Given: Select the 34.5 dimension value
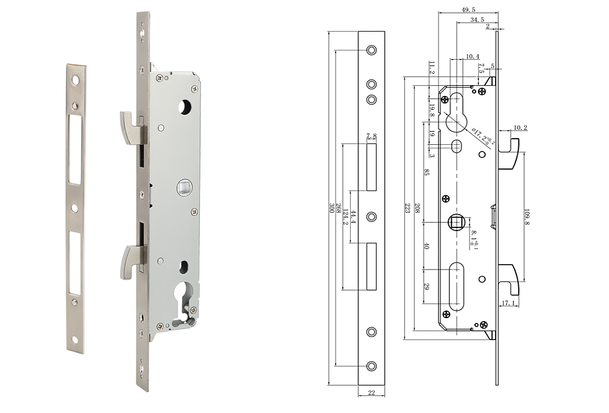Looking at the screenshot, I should (477, 20).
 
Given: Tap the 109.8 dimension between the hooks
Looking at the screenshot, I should (527, 216).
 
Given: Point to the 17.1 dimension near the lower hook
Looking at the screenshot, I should (509, 302).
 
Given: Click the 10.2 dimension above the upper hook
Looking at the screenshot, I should (519, 128).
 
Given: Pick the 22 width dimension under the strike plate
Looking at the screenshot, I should (371, 393).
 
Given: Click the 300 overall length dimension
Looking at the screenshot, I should (332, 207).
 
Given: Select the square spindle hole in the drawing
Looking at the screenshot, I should (457, 223).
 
